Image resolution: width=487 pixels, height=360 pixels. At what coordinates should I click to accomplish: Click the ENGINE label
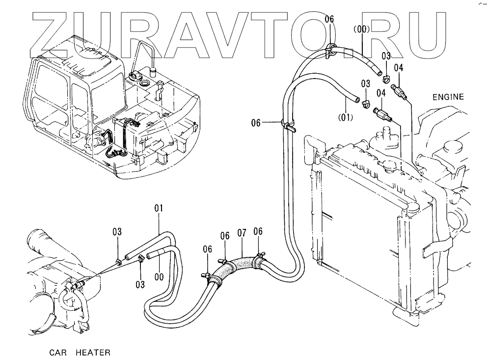tap(448, 97)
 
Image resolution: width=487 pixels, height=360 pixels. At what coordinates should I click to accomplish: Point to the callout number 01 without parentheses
tap(159, 209)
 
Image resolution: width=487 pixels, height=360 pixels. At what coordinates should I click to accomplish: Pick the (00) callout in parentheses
tap(361, 29)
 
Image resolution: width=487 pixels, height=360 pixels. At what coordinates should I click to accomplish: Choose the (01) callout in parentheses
tap(346, 117)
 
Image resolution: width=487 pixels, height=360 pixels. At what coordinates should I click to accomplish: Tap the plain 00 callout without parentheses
tap(159, 277)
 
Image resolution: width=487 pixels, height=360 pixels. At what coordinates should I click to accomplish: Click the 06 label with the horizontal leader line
tap(256, 123)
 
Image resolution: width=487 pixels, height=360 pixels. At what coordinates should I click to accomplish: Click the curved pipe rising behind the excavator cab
tap(145, 52)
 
